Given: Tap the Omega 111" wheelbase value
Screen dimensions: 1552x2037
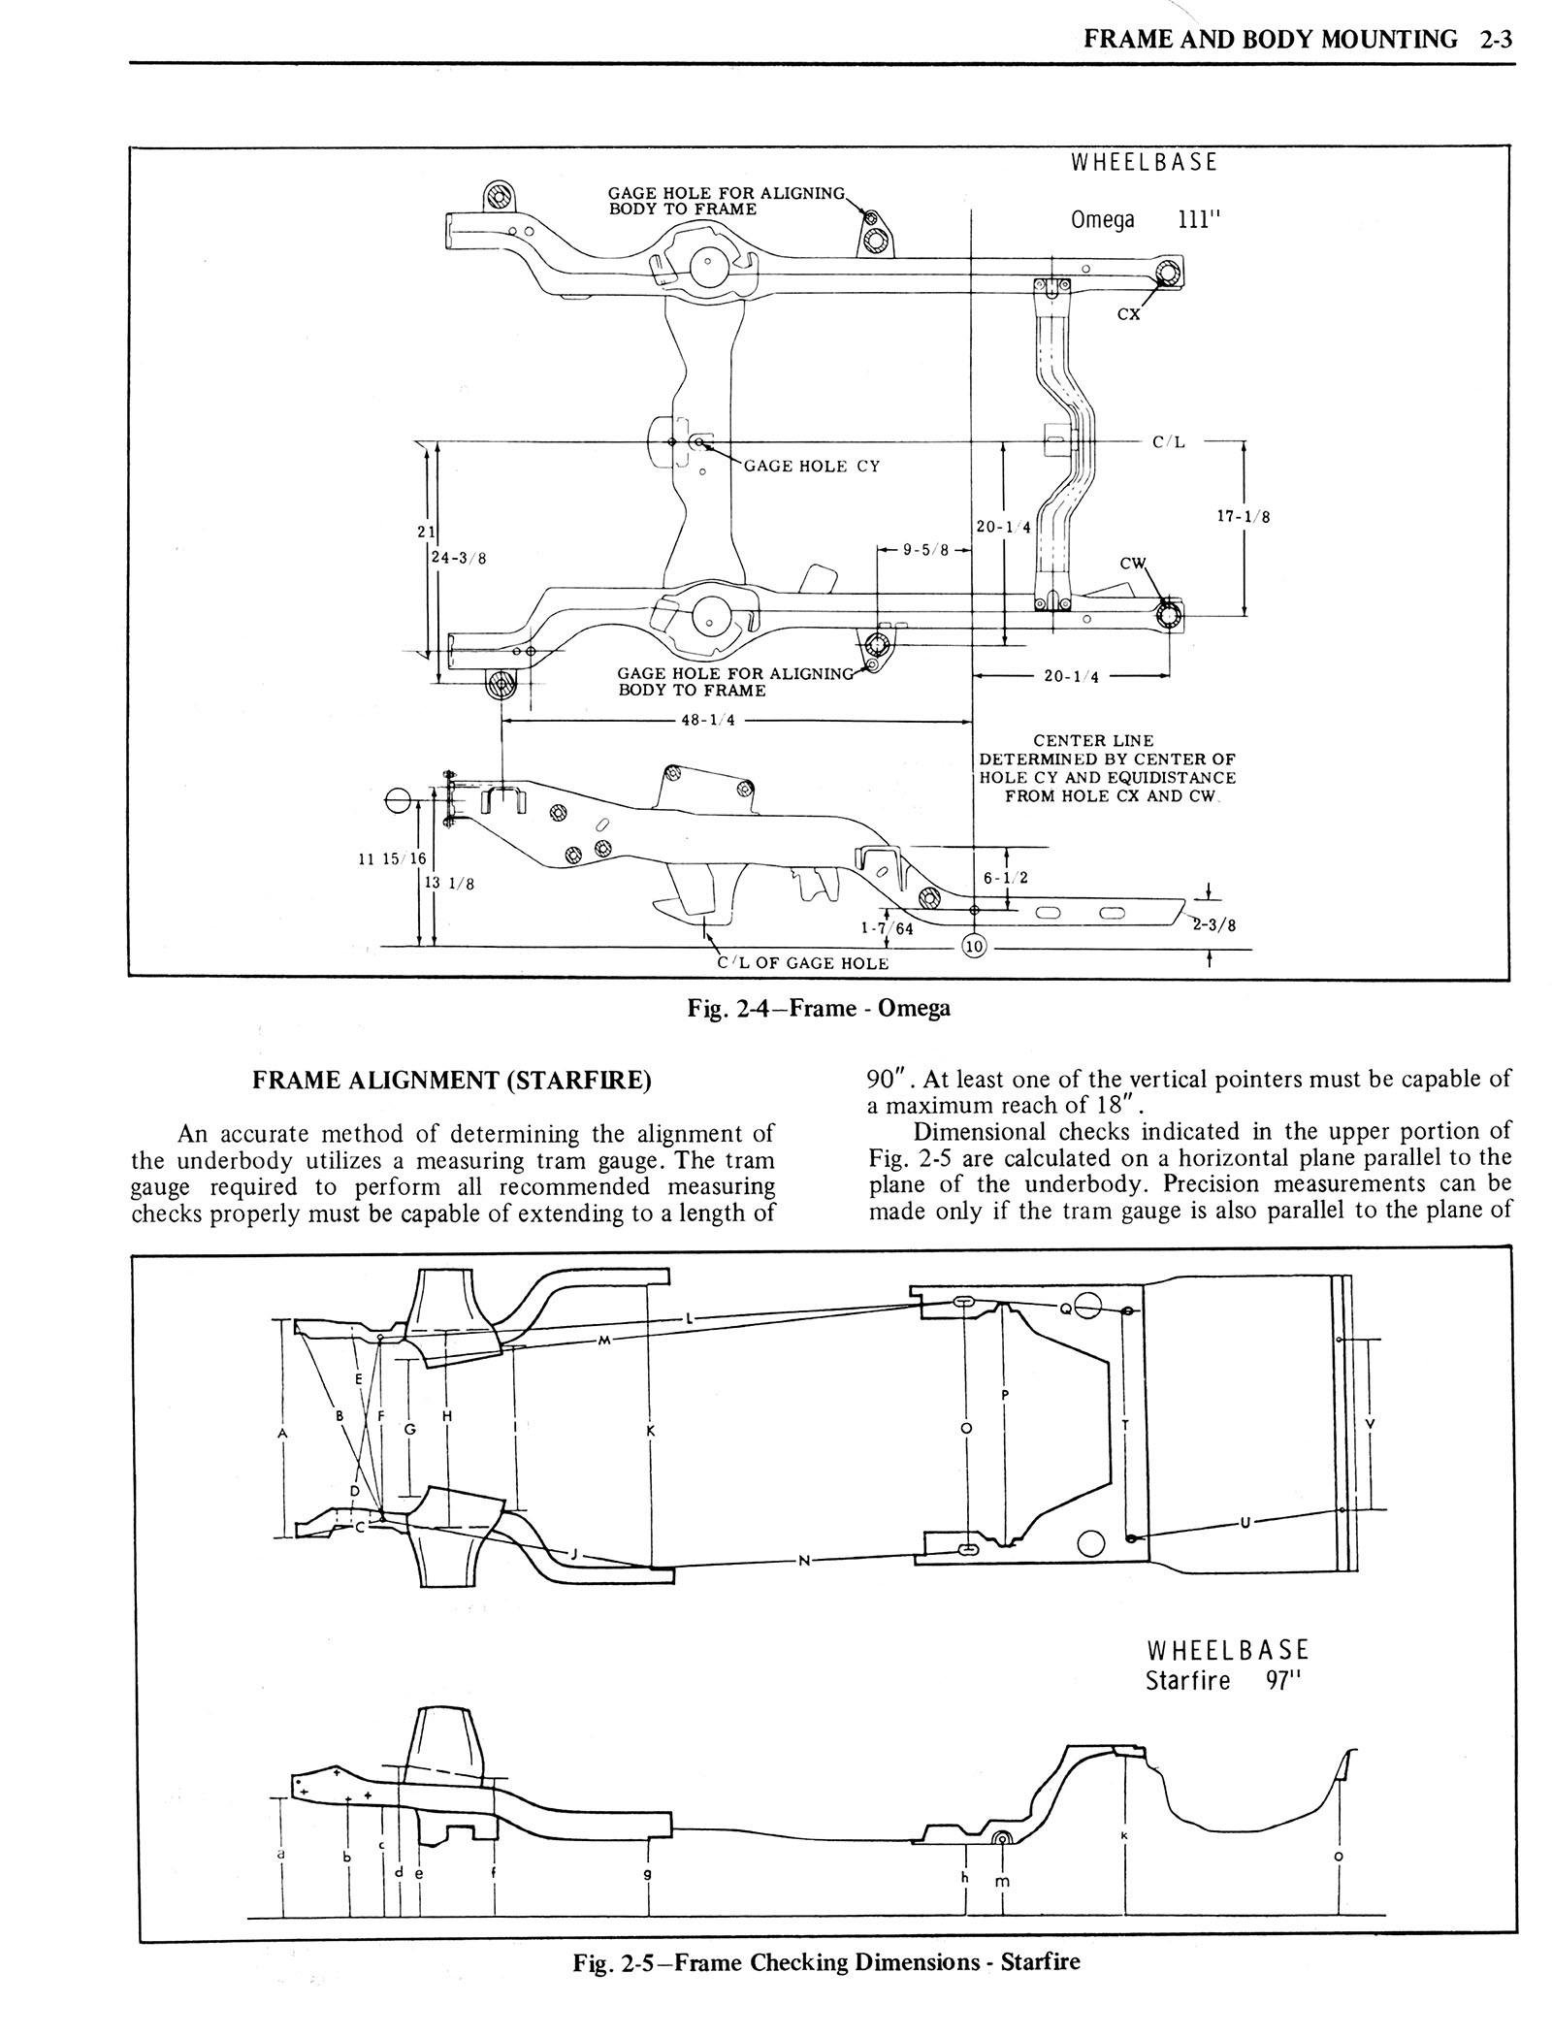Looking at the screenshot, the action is [1196, 219].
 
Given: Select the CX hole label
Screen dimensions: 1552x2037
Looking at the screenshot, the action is [1129, 314].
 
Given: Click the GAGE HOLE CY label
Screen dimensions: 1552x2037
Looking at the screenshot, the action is [812, 466].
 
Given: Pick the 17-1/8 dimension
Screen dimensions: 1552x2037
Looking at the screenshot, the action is [1244, 517].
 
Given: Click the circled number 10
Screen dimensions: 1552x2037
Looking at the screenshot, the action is [975, 946].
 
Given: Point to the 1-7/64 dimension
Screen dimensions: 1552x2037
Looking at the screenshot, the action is [888, 927].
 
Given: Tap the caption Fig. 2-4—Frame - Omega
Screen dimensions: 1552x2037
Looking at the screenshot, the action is [819, 1008].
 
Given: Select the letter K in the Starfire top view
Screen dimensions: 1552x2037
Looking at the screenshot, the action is [650, 1431].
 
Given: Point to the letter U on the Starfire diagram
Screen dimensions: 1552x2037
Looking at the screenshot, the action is [1245, 1522].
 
